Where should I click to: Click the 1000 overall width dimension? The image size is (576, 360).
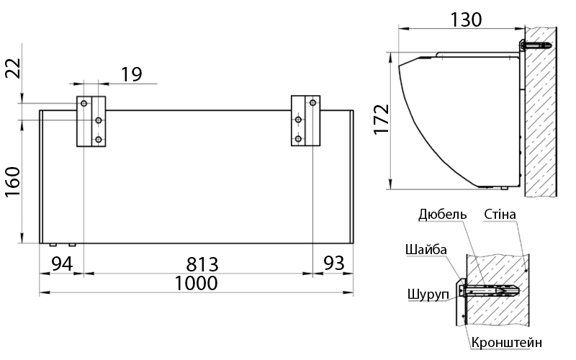196,283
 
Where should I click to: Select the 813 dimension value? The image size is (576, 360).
202,264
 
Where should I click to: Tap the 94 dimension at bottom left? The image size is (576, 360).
62,264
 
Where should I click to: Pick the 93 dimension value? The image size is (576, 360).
333,263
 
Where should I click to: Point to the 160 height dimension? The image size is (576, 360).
13,182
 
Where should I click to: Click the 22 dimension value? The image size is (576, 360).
13,68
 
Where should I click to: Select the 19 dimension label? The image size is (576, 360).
131,75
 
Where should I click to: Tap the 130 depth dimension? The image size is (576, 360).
466,19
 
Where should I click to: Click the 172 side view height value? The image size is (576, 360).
382,120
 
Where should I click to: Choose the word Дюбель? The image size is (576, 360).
443,214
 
